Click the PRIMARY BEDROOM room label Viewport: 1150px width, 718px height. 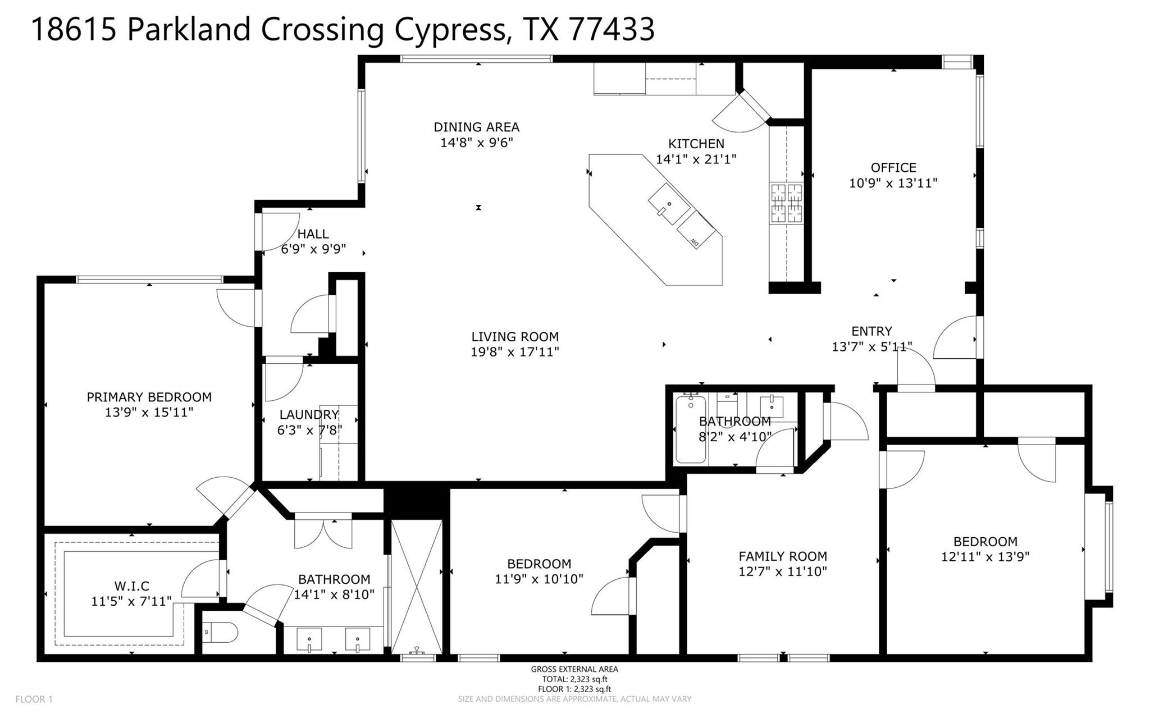click(x=149, y=397)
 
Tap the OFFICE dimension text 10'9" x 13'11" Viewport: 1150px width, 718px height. click(x=893, y=183)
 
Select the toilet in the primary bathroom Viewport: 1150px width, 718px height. click(x=220, y=634)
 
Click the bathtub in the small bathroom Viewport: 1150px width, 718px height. click(x=691, y=429)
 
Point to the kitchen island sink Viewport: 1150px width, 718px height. click(x=669, y=204)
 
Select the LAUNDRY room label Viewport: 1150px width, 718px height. click(x=309, y=415)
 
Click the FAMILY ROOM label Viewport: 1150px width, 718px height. click(x=783, y=556)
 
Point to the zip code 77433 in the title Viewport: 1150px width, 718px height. click(x=611, y=29)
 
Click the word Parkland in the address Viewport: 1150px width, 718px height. click(x=189, y=29)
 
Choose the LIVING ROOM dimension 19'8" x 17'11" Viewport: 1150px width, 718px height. click(x=515, y=352)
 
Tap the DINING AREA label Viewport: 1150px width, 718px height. click(x=476, y=127)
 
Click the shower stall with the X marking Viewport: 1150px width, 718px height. click(x=417, y=587)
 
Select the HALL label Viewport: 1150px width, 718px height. click(x=313, y=234)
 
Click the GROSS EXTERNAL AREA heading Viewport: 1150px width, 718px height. click(x=574, y=669)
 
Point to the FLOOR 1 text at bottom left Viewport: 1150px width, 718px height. click(x=34, y=699)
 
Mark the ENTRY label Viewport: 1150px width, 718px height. click(x=871, y=331)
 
